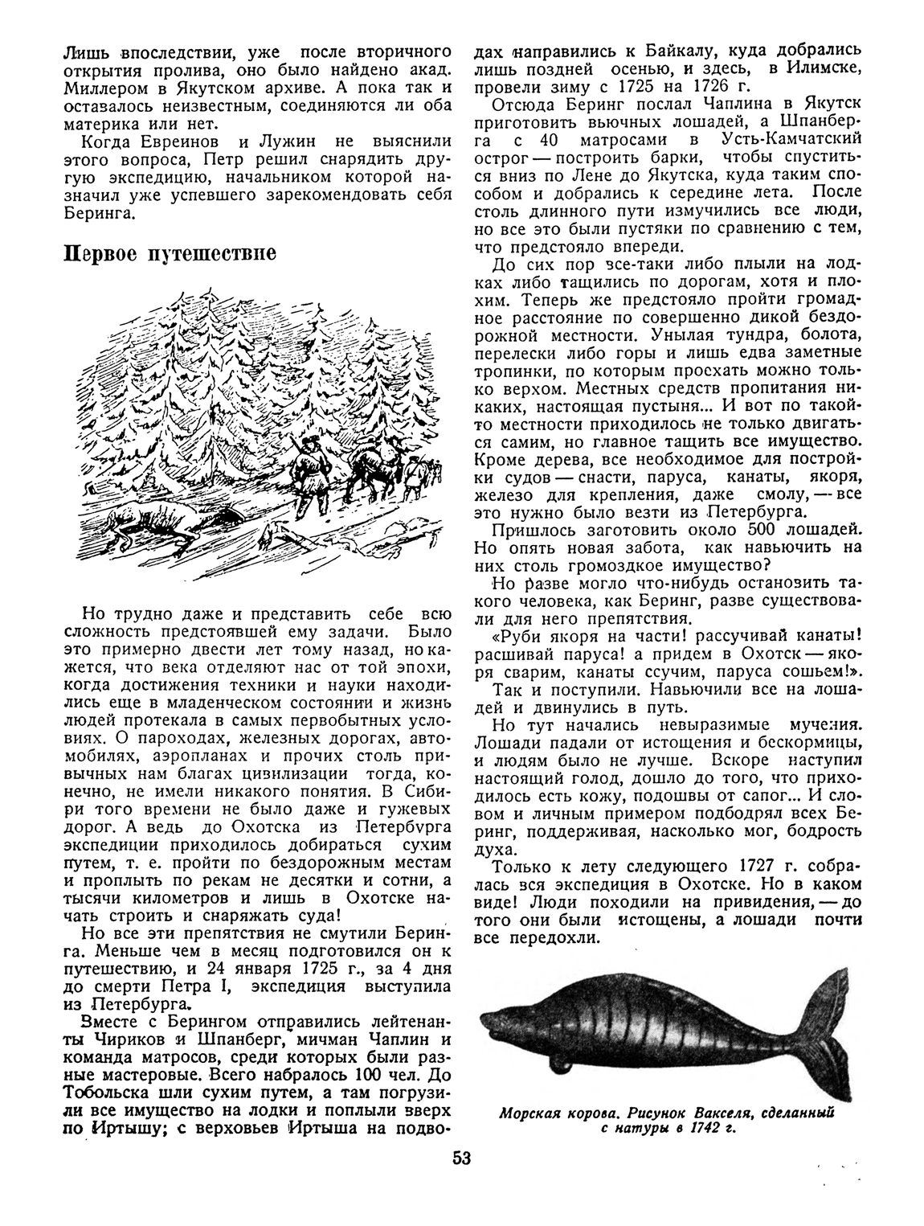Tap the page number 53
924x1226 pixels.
(461, 1159)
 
